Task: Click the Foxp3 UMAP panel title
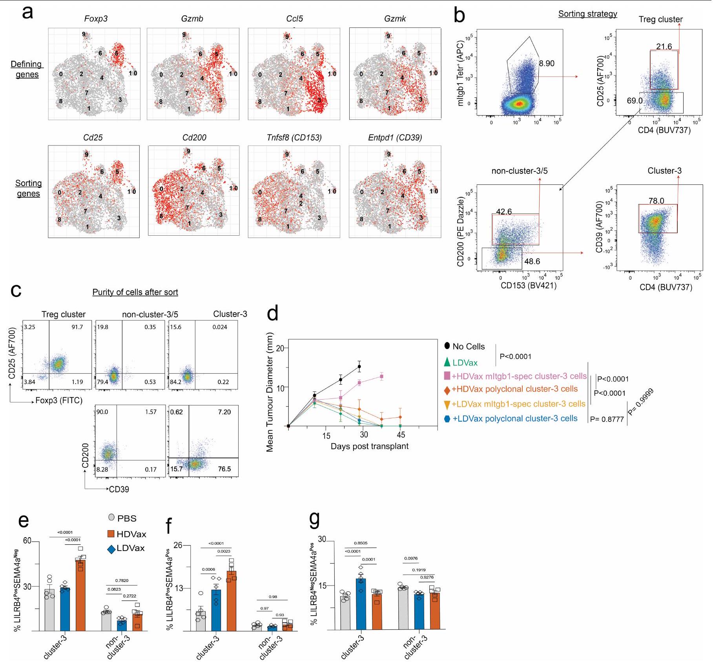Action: pyautogui.click(x=96, y=19)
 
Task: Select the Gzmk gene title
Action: pyautogui.click(x=395, y=19)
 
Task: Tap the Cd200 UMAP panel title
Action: pyautogui.click(x=194, y=138)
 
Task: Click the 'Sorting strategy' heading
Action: pyautogui.click(x=587, y=14)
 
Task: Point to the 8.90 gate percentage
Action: pyautogui.click(x=547, y=64)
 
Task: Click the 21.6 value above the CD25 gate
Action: pyautogui.click(x=664, y=47)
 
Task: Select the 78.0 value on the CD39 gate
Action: pyautogui.click(x=656, y=201)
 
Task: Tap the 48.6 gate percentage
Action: pyautogui.click(x=532, y=262)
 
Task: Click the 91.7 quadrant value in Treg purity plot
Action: pyautogui.click(x=77, y=327)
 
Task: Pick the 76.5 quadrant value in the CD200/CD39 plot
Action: pyautogui.click(x=224, y=469)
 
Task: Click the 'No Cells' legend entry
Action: pyautogui.click(x=468, y=347)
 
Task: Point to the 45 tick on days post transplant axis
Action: pyautogui.click(x=401, y=435)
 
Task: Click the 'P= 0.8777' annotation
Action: pyautogui.click(x=607, y=419)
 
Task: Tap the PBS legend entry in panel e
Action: pyautogui.click(x=126, y=518)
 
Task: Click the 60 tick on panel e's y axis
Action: pyautogui.click(x=27, y=541)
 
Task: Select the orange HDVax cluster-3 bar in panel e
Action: pyautogui.click(x=80, y=595)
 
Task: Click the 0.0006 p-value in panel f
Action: pyautogui.click(x=209, y=569)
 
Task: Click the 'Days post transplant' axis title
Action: pyautogui.click(x=369, y=446)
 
